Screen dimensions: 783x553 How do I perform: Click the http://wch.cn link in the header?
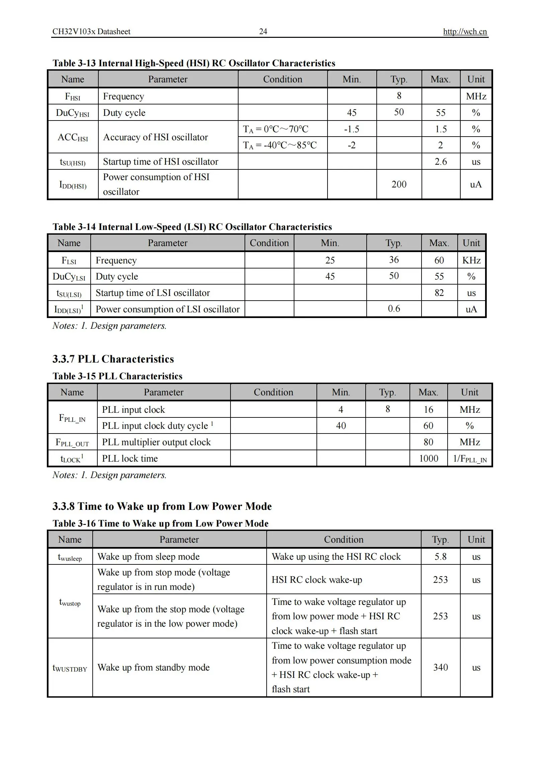click(x=465, y=32)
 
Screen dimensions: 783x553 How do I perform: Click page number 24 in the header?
click(x=263, y=32)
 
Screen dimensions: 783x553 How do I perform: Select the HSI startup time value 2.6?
click(x=441, y=162)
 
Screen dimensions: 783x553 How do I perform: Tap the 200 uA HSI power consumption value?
click(x=399, y=184)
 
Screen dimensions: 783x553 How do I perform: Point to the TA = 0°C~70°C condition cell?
click(x=275, y=129)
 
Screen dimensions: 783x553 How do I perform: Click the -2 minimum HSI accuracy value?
click(x=352, y=145)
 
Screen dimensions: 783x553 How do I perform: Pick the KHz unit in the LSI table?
click(x=471, y=260)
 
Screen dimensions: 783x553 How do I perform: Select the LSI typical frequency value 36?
click(x=394, y=260)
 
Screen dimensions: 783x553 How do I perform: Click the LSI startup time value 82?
click(x=439, y=293)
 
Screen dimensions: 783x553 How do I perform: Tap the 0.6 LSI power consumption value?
click(x=394, y=309)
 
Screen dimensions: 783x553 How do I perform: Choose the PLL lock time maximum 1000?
click(x=428, y=459)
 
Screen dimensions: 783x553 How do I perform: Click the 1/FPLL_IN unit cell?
click(x=469, y=459)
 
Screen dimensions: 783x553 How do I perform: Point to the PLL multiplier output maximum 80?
click(x=428, y=442)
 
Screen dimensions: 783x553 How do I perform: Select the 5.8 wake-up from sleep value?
click(x=440, y=557)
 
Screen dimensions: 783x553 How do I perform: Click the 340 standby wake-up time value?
click(x=440, y=668)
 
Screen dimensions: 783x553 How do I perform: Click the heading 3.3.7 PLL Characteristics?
click(x=113, y=359)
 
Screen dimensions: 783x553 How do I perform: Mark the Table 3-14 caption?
click(x=192, y=227)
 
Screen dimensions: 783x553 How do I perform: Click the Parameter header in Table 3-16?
click(x=179, y=540)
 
